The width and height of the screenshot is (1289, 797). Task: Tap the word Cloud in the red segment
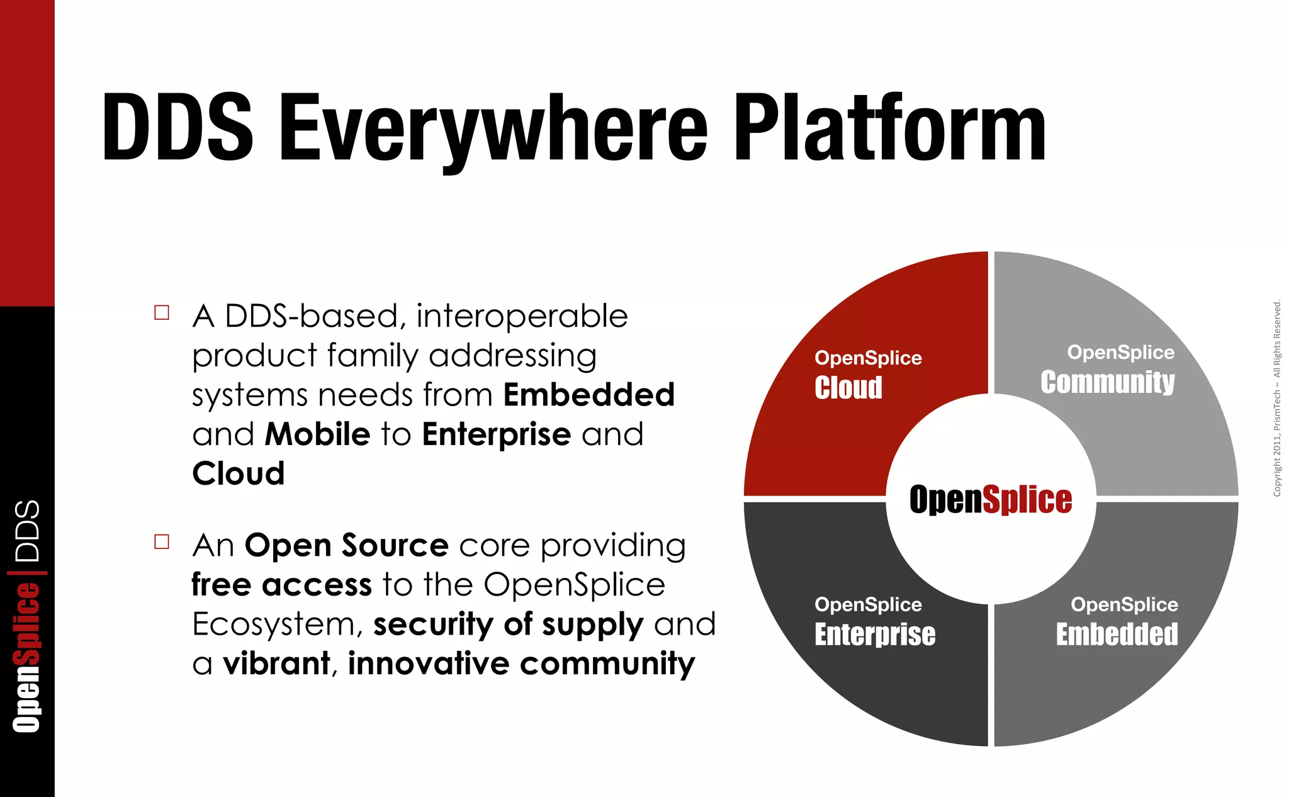[x=848, y=387]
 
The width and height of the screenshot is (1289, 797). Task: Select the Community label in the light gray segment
[x=1107, y=382]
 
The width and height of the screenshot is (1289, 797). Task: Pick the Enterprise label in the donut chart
[x=874, y=634]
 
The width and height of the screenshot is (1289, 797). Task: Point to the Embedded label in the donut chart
[x=1117, y=634]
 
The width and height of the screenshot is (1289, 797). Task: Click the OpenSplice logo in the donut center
[x=990, y=500]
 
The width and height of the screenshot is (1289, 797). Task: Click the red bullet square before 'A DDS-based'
[x=162, y=313]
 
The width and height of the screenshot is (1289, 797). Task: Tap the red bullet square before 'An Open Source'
[x=162, y=542]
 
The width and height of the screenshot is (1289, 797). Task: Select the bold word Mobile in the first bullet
[x=317, y=434]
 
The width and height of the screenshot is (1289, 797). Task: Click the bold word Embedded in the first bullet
[x=588, y=395]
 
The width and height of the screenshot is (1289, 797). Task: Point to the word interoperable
[x=522, y=316]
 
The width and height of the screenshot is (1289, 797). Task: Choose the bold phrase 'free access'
[x=281, y=585]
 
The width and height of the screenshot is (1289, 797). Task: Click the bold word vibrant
[x=276, y=664]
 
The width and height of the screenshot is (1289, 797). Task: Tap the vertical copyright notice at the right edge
[x=1276, y=398]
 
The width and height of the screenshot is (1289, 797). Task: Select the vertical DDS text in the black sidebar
[x=27, y=531]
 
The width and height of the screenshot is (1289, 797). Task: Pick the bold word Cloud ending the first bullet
[x=238, y=474]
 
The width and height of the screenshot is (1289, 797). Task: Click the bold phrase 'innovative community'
[x=521, y=664]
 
